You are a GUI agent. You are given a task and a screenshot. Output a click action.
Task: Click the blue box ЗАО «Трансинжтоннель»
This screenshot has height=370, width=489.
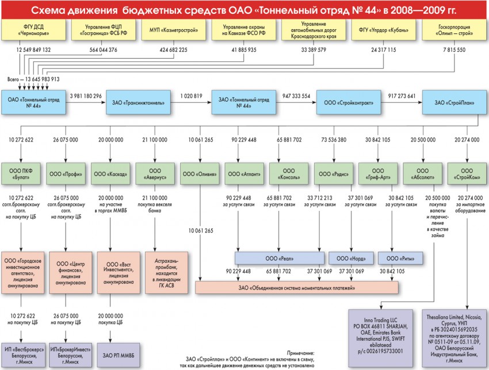pyautogui.click(x=138, y=103)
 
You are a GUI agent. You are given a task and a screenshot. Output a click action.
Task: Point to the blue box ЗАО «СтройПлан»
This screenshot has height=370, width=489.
pyautogui.click(x=454, y=103)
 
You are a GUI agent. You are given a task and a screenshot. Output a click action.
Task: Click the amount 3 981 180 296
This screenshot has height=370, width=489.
pyautogui.click(x=85, y=95)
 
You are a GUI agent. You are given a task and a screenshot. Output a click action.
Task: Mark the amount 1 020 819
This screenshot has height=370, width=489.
pyautogui.click(x=190, y=95)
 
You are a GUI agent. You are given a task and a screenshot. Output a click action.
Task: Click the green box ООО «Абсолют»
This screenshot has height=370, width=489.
pyautogui.click(x=423, y=172)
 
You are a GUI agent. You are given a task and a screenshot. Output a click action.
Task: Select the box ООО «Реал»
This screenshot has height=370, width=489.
pyautogui.click(x=280, y=257)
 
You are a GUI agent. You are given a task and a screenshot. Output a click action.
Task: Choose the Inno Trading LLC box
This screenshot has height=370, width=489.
pyautogui.click(x=380, y=336)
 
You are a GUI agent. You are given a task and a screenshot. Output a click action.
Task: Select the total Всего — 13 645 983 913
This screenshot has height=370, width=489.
pyautogui.click(x=33, y=79)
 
